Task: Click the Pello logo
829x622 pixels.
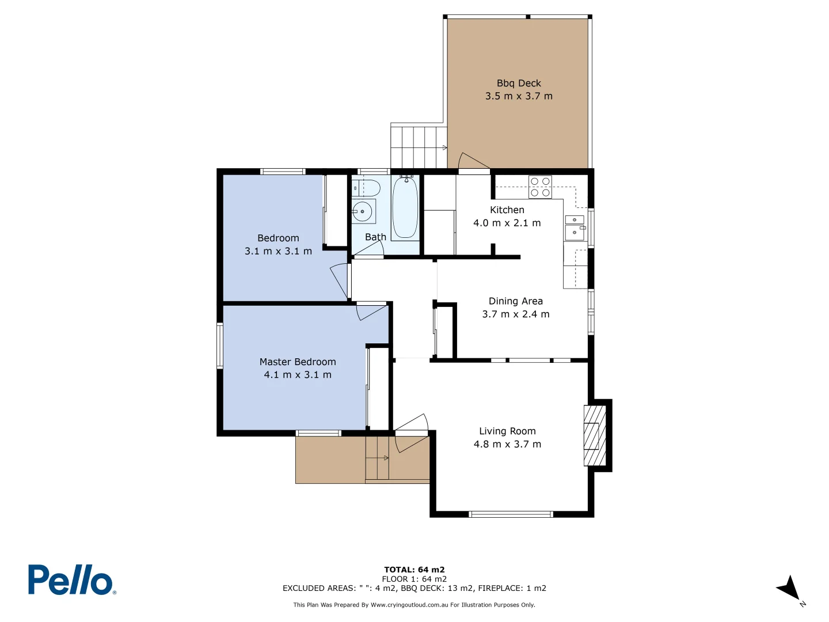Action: coord(72,579)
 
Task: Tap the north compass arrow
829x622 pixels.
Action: coord(789,589)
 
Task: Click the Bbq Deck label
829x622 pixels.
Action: coord(519,84)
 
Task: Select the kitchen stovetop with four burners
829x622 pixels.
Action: coord(540,187)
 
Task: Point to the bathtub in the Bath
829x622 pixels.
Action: coord(405,208)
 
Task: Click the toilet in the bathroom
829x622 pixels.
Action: coord(366,188)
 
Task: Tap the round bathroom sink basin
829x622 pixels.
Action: coord(363,211)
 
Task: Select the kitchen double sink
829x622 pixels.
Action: coord(575,227)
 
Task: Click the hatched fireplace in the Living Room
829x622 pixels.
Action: coord(595,435)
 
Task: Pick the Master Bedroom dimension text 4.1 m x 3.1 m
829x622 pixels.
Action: coord(298,375)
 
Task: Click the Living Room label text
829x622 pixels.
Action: coord(507,431)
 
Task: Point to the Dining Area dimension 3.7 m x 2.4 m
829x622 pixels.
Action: coord(516,314)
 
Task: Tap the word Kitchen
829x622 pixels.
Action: coord(507,210)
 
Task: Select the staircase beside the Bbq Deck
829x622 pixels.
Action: coord(419,147)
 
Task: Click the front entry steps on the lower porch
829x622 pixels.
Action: coord(378,458)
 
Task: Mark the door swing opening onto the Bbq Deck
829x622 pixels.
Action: coord(473,162)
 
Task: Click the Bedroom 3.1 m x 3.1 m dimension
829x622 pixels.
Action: coord(278,252)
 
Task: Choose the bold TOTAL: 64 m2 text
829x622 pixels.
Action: coord(414,570)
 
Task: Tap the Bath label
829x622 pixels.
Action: coord(375,237)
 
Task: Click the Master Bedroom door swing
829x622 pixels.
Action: coord(371,312)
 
